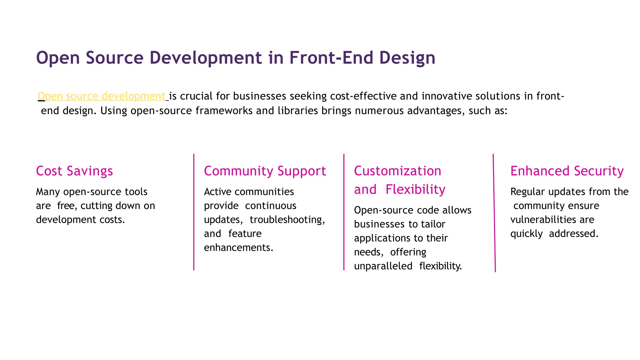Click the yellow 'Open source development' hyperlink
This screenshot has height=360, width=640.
coord(102,96)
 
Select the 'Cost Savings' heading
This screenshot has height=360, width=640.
coord(74,171)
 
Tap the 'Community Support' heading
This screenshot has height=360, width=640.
coord(265,171)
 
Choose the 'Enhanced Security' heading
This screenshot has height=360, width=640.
coord(567,171)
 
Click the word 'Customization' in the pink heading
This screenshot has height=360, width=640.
coord(397,171)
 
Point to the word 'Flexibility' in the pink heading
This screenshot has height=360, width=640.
coord(415,189)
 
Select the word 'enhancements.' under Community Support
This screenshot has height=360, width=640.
coord(239,247)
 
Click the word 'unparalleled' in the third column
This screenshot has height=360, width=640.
coord(383,266)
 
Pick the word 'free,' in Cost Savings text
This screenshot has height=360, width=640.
coord(67,206)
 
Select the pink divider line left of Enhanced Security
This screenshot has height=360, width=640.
coord(494,212)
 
